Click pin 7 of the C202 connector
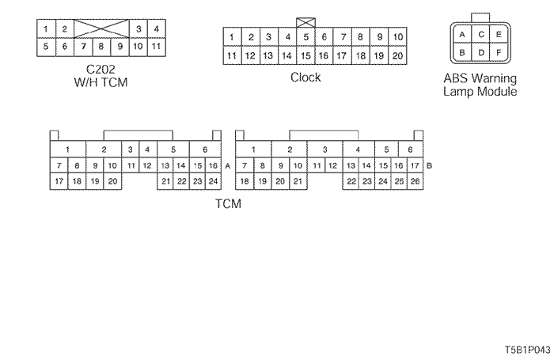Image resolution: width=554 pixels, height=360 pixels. click(x=83, y=46)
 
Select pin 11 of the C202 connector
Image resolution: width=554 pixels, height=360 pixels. click(x=156, y=46)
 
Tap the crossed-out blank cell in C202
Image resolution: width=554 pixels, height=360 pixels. click(x=101, y=29)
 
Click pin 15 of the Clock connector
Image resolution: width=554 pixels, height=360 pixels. click(x=305, y=55)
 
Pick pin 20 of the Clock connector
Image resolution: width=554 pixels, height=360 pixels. click(x=397, y=55)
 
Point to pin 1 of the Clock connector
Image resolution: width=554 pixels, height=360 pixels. click(x=231, y=37)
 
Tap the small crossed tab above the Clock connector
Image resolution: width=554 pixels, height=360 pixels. click(x=305, y=22)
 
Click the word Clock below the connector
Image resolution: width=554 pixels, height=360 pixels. click(x=306, y=78)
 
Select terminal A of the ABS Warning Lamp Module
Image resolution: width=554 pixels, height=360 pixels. click(x=461, y=35)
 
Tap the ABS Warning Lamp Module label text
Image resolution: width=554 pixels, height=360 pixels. click(x=480, y=85)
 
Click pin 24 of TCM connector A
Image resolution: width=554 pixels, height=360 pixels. click(x=212, y=181)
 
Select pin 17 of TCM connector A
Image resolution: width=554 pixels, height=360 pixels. click(x=59, y=181)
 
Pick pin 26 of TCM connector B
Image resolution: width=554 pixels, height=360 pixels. click(x=416, y=181)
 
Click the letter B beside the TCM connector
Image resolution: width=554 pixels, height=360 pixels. click(x=428, y=166)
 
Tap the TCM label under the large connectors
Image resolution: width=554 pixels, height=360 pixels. click(x=228, y=203)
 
